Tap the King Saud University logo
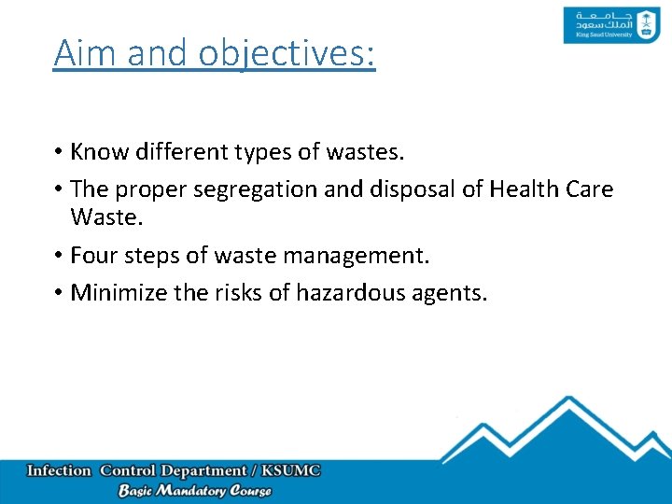[x=598, y=25]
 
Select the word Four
[x=94, y=255]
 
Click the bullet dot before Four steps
[x=59, y=256]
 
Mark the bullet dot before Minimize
[x=59, y=294]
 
